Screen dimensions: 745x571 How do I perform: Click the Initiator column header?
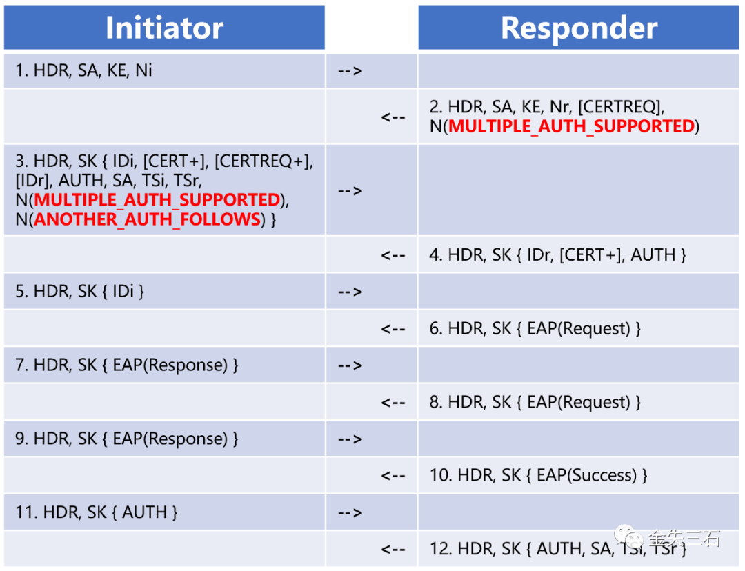tap(164, 28)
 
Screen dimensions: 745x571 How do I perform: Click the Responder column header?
tap(579, 28)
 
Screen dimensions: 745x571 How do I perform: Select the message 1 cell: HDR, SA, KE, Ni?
tap(83, 70)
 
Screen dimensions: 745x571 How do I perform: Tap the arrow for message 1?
tap(350, 71)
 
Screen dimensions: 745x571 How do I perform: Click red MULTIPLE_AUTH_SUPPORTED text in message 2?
tap(572, 126)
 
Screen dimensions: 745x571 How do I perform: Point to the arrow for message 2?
tap(393, 117)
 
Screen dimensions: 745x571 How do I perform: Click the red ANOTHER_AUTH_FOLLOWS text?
tap(148, 219)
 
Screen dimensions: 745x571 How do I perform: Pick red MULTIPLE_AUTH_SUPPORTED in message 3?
tap(157, 200)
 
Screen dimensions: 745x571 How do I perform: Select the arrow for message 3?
tap(350, 191)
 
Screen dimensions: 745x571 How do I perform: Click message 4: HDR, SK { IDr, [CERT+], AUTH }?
tap(558, 255)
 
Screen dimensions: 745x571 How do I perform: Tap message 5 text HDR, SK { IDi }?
tap(79, 292)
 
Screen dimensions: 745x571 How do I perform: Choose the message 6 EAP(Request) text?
tap(579, 329)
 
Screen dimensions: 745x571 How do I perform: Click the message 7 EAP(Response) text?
tap(170, 365)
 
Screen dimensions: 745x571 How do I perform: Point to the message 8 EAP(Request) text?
tap(579, 402)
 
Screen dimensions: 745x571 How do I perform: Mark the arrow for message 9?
tap(350, 439)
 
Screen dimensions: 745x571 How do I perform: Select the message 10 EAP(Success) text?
tap(587, 476)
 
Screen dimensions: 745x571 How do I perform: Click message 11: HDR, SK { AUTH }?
tap(97, 512)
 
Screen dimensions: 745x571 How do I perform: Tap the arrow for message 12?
tap(393, 550)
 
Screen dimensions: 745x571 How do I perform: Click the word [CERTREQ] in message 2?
tap(621, 107)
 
